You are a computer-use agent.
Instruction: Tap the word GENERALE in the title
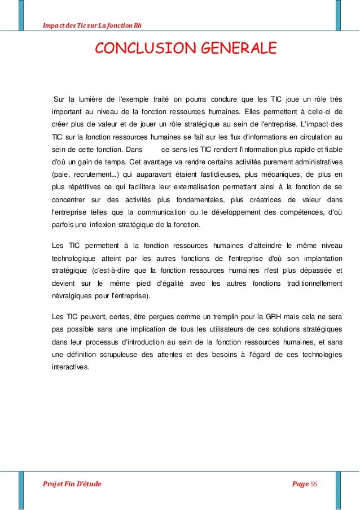coord(236,49)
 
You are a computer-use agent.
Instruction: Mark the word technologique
coord(76,259)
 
